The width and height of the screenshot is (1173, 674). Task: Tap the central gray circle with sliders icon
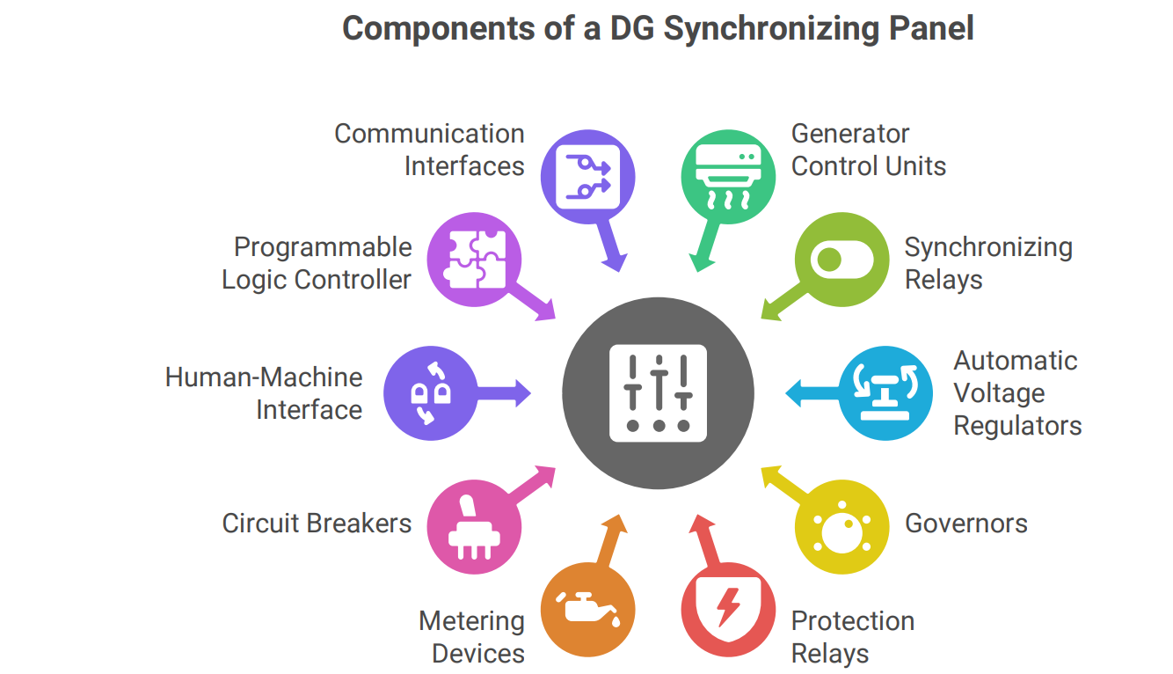(658, 392)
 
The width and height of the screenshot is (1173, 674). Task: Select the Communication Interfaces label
(429, 150)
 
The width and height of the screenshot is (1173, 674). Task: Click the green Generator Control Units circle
(728, 177)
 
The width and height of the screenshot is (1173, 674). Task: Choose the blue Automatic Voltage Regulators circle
(885, 392)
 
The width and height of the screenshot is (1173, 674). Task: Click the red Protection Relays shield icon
(728, 609)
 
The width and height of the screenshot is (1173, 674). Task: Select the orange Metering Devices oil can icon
(587, 609)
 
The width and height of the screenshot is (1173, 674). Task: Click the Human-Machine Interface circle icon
(432, 392)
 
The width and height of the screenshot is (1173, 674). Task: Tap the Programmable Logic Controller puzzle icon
(474, 260)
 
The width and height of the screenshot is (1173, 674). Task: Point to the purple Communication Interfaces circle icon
(587, 177)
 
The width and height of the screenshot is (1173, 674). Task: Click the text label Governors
(965, 524)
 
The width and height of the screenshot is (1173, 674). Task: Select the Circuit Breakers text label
(317, 524)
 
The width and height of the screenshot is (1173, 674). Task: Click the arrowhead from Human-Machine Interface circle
(521, 392)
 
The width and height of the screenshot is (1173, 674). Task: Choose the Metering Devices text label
(471, 637)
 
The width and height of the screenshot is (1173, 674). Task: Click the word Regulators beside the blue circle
(1017, 426)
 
